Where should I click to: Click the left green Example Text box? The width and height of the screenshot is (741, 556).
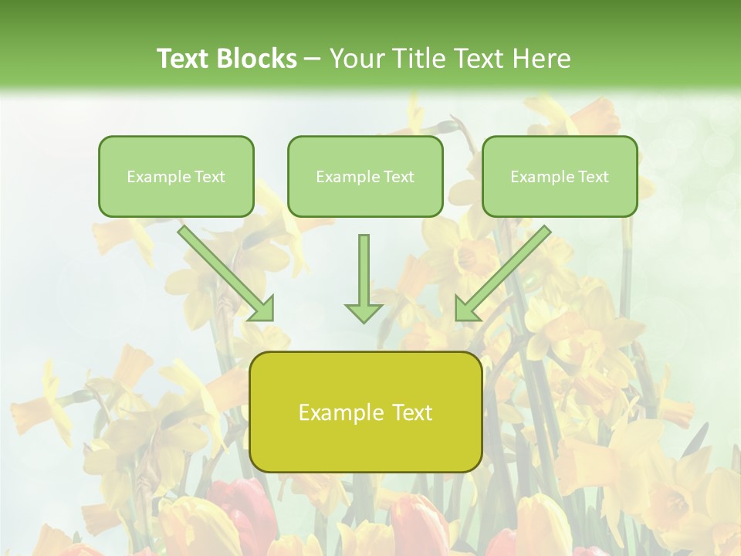(176, 176)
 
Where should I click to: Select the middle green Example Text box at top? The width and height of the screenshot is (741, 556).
(365, 176)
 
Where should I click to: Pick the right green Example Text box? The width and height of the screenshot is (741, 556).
(560, 176)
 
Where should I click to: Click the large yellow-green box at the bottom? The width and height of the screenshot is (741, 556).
(365, 412)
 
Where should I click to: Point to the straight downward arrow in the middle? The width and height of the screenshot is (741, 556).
(364, 274)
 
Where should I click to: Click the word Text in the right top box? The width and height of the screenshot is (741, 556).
(593, 177)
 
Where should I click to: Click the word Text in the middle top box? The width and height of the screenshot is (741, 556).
(398, 177)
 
